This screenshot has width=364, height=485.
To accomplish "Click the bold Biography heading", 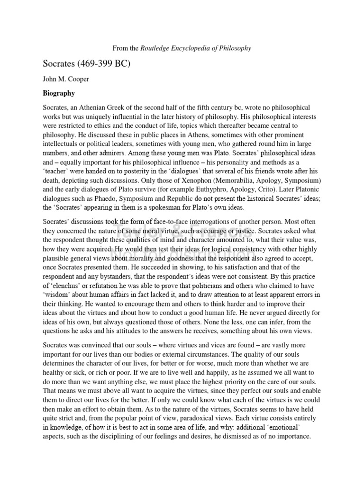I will click(x=59, y=93).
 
